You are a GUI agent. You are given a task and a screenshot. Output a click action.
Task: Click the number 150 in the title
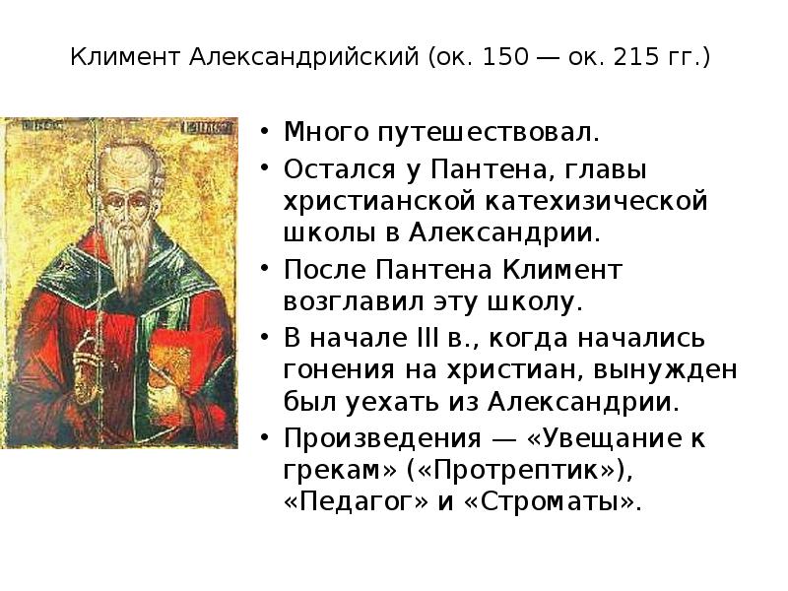tap(505, 57)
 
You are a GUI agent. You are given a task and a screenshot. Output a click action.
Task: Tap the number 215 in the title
tap(636, 57)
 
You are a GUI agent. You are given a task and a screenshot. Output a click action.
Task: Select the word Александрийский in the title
tap(304, 57)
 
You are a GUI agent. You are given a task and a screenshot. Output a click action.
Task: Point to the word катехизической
tap(597, 201)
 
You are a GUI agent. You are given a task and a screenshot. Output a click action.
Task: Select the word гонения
tap(339, 371)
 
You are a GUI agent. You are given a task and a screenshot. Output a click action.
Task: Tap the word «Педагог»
tap(357, 503)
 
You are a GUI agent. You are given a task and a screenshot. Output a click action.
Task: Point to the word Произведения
tap(382, 439)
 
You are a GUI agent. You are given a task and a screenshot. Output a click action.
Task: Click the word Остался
tap(340, 169)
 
